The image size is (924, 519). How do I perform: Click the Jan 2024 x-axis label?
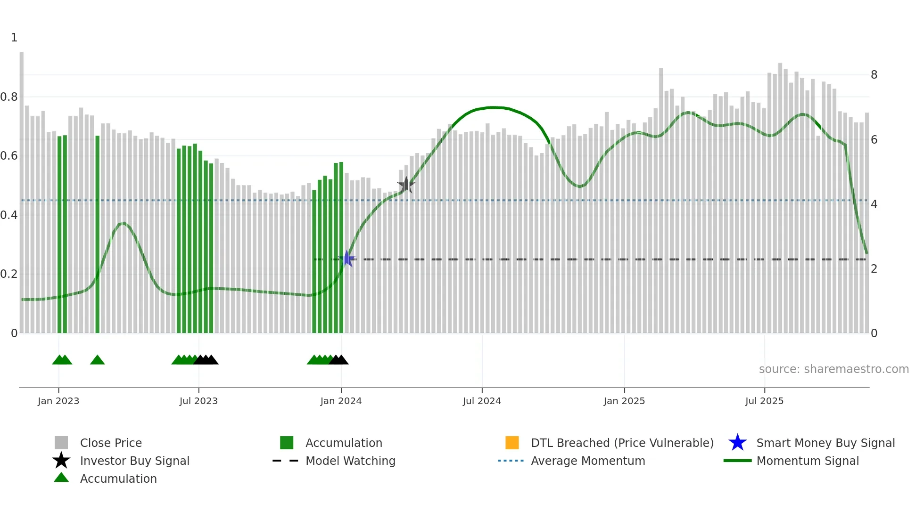click(x=341, y=401)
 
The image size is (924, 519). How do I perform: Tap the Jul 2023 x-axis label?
click(x=198, y=401)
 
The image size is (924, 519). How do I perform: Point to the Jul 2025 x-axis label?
click(x=764, y=401)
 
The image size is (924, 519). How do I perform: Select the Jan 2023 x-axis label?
click(x=58, y=401)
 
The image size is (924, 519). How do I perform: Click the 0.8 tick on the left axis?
click(x=9, y=97)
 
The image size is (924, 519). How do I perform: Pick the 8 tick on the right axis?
click(x=874, y=74)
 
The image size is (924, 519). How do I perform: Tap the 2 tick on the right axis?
click(x=874, y=269)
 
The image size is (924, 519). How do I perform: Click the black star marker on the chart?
click(x=406, y=185)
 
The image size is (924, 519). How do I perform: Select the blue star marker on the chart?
click(x=347, y=259)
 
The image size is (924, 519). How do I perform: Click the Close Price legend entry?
click(x=111, y=443)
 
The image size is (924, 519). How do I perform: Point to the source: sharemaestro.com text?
click(x=833, y=369)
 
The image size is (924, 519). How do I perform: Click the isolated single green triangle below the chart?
click(x=97, y=360)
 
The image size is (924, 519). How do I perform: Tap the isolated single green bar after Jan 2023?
click(x=98, y=235)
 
